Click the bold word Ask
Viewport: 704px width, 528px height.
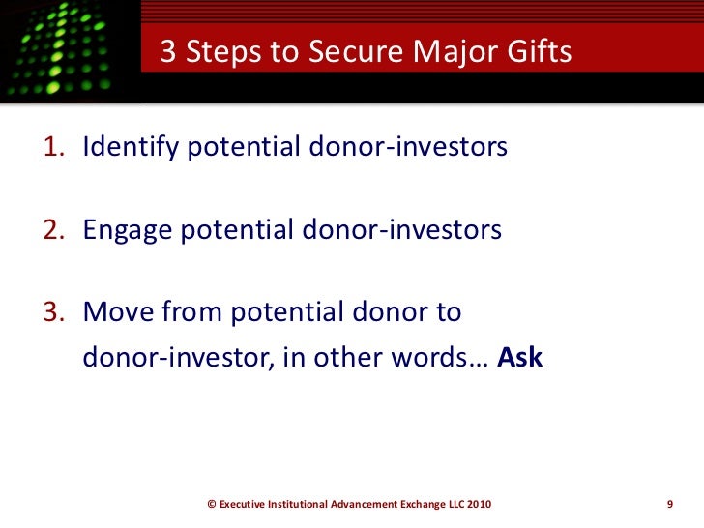click(520, 357)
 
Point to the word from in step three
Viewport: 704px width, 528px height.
click(187, 313)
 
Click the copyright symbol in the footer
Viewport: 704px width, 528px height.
click(213, 504)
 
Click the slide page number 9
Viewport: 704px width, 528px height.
click(669, 504)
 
